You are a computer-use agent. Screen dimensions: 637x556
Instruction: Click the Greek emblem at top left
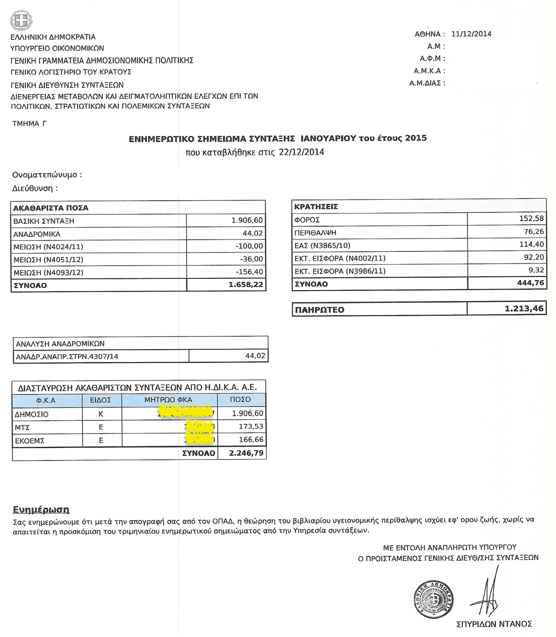(x=21, y=21)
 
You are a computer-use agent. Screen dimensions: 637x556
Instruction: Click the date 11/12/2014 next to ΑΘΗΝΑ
(x=471, y=34)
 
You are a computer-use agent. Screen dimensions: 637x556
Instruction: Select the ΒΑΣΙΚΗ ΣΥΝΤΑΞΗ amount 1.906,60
(x=247, y=221)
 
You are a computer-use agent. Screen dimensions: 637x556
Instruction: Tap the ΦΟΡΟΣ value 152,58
(x=532, y=219)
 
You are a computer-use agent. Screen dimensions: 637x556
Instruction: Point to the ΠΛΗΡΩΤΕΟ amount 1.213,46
(x=524, y=309)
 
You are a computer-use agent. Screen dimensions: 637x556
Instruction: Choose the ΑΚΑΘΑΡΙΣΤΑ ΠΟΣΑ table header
(x=51, y=208)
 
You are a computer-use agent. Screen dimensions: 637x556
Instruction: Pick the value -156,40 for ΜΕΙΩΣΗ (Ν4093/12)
(x=249, y=272)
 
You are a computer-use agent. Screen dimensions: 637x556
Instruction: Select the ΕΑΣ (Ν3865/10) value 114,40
(x=532, y=245)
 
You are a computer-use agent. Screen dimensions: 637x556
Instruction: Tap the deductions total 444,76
(x=530, y=283)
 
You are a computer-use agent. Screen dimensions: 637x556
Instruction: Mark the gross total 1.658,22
(x=245, y=285)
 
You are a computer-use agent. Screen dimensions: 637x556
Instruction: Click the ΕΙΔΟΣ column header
(x=100, y=400)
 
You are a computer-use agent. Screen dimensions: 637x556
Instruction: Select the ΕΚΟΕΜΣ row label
(x=30, y=441)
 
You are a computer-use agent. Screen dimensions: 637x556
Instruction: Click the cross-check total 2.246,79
(x=246, y=453)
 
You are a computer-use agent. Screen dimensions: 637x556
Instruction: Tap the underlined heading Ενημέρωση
(x=41, y=510)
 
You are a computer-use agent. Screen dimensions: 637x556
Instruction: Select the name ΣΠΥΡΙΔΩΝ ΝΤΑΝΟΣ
(x=494, y=624)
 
